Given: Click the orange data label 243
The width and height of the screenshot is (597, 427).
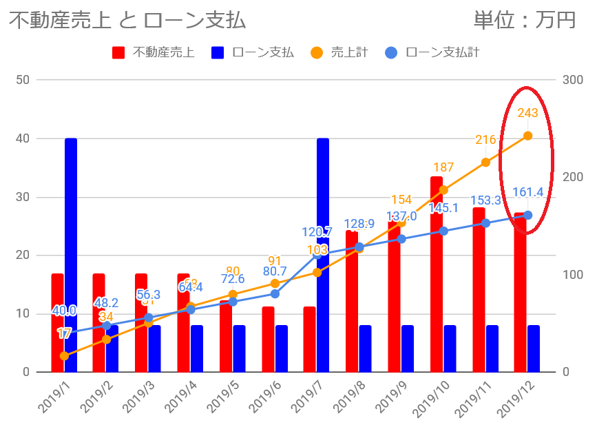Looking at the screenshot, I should [528, 113].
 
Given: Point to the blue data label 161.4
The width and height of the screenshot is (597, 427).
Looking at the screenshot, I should [528, 192].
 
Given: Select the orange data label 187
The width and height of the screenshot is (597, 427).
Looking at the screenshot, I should [443, 167].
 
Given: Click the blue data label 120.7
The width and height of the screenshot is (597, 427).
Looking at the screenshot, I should [317, 232].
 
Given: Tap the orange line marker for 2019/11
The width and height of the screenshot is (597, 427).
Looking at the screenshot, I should [485, 162].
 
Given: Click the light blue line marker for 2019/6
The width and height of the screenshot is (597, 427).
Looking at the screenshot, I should [275, 293].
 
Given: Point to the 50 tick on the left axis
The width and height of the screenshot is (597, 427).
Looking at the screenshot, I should [22, 80].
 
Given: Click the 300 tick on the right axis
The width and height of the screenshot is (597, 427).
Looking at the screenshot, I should [573, 80].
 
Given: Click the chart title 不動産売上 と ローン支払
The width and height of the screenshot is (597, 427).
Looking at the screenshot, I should [127, 21].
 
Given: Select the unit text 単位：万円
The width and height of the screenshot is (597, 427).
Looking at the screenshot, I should [524, 21].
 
